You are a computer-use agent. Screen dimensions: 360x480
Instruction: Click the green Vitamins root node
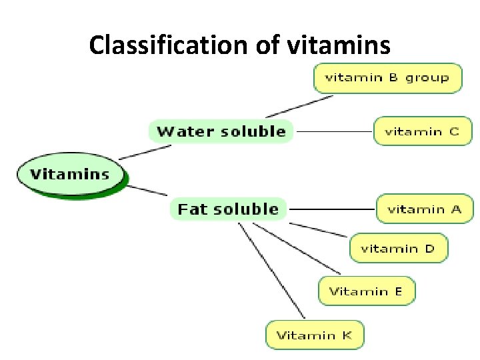click(71, 175)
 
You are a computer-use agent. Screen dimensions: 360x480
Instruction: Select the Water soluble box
click(221, 131)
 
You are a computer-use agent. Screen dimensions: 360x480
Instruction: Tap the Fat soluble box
click(228, 209)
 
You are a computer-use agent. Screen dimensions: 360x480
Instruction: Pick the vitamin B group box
click(387, 77)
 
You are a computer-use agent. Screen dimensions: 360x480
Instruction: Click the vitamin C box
click(422, 131)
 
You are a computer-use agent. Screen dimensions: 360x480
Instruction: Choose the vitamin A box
click(424, 209)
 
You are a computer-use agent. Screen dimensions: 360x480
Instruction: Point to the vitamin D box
click(398, 249)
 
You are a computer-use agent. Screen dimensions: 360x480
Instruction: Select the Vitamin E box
click(366, 291)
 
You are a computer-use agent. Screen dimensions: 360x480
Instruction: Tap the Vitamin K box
click(315, 335)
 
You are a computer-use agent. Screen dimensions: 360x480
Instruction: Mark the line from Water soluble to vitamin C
click(333, 131)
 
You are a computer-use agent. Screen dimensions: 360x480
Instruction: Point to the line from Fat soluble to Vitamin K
click(271, 271)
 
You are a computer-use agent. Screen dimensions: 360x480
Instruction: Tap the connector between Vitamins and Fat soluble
click(147, 190)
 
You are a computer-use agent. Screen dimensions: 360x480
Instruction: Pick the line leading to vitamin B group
click(300, 106)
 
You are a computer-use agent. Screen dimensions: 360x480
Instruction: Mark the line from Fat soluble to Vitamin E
click(297, 248)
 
